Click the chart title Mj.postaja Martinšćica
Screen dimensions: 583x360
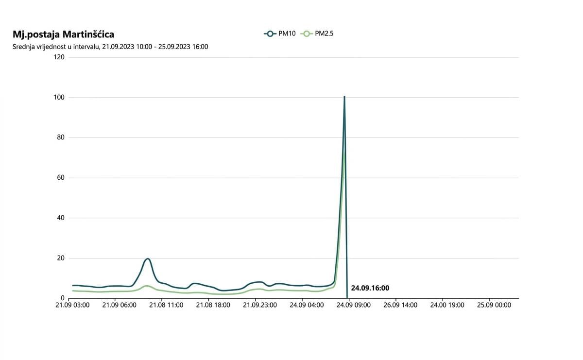pyautogui.click(x=63, y=34)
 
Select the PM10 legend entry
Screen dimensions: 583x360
pyautogui.click(x=280, y=34)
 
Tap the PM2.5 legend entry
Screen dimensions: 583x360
pyautogui.click(x=317, y=34)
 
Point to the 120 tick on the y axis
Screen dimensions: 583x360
pyautogui.click(x=59, y=57)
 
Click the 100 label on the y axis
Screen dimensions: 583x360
pyautogui.click(x=59, y=97)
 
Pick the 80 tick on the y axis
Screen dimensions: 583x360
pyautogui.click(x=61, y=137)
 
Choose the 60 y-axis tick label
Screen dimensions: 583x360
pyautogui.click(x=61, y=178)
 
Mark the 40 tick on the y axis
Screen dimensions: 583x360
pyautogui.click(x=61, y=218)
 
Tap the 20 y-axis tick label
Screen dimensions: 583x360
pyautogui.click(x=61, y=258)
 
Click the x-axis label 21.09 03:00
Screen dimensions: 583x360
pyautogui.click(x=72, y=305)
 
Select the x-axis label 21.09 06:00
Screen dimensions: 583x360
pyautogui.click(x=119, y=305)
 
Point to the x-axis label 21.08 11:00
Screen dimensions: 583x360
pyautogui.click(x=166, y=305)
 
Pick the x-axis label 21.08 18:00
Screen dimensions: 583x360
pyautogui.click(x=213, y=305)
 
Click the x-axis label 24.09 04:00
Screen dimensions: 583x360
pyautogui.click(x=307, y=305)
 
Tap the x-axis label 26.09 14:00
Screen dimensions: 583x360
pyautogui.click(x=400, y=305)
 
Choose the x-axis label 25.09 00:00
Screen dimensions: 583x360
pyautogui.click(x=494, y=305)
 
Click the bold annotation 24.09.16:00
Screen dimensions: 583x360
pyautogui.click(x=370, y=288)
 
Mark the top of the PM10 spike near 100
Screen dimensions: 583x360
pyautogui.click(x=344, y=96)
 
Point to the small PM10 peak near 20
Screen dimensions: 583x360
pyautogui.click(x=148, y=258)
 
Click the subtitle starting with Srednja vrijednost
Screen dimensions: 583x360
pyautogui.click(x=110, y=47)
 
